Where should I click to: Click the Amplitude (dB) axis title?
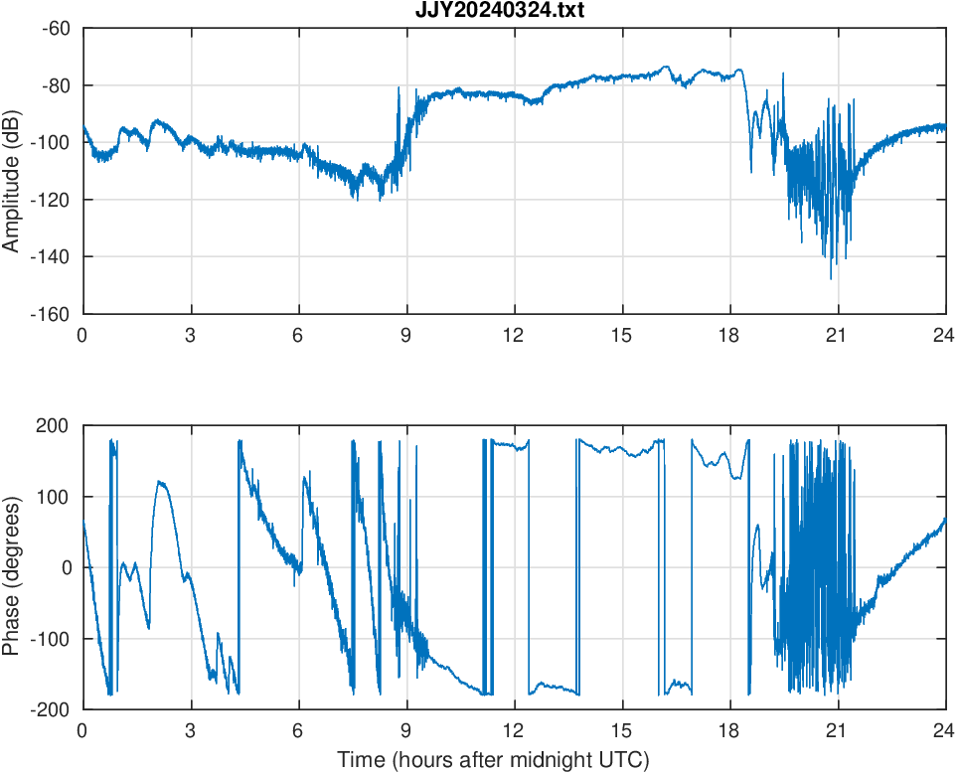click(12, 171)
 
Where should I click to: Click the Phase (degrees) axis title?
click(12, 567)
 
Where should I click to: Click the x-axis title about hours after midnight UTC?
click(493, 760)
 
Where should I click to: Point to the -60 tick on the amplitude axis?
click(56, 28)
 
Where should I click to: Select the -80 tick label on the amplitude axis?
click(56, 85)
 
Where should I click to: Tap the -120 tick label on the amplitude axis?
click(52, 200)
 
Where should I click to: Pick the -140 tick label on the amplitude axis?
click(52, 257)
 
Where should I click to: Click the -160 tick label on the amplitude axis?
click(52, 314)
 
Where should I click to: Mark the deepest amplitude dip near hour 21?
click(831, 278)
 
